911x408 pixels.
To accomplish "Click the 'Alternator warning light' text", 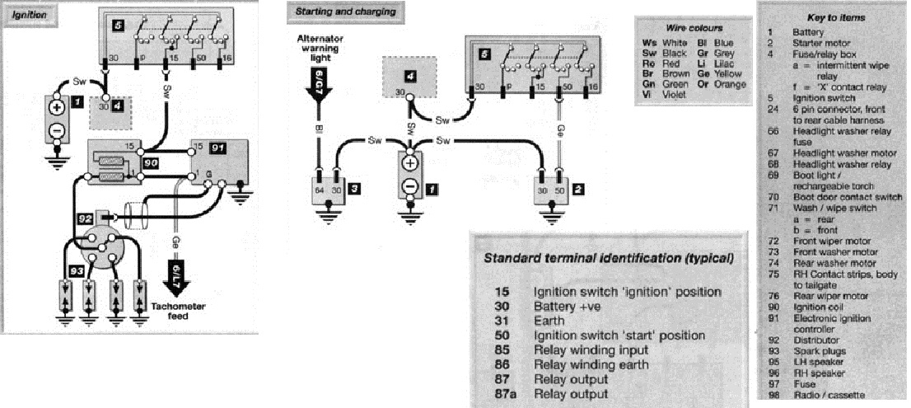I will (x=316, y=50).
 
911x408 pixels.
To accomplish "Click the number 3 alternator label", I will (x=352, y=190).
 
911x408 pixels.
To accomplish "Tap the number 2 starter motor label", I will (x=578, y=190).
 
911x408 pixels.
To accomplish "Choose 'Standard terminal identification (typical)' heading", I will (x=609, y=259).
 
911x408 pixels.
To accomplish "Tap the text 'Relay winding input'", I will (x=590, y=349).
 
